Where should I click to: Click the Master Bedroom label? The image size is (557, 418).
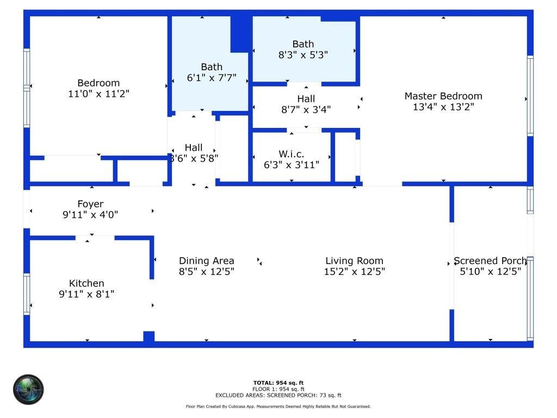[x=443, y=96]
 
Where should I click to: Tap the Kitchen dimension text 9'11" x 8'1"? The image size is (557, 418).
[x=87, y=294]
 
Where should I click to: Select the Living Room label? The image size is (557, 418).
[x=354, y=261]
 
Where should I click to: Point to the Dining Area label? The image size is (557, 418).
[x=207, y=261]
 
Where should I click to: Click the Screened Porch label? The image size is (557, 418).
[x=490, y=261]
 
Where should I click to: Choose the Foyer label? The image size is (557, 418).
[x=90, y=204]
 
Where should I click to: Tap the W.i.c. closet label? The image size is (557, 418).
[x=292, y=154]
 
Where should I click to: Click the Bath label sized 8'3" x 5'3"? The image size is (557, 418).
[x=303, y=44]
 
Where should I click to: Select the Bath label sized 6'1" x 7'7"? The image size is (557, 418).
[x=212, y=67]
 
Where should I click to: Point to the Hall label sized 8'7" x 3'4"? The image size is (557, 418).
[x=306, y=99]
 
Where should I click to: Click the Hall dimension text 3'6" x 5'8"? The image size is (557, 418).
[x=194, y=158]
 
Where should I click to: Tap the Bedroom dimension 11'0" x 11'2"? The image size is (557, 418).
[x=98, y=94]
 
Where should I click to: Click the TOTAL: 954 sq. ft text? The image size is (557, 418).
[x=278, y=383]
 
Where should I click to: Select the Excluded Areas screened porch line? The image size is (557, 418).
[x=278, y=396]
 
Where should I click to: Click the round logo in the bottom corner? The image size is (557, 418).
[x=28, y=390]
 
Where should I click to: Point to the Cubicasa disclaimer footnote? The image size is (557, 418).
[x=278, y=407]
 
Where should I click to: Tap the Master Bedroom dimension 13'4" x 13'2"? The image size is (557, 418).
[x=443, y=107]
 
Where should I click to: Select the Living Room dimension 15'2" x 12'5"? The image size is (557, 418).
[x=354, y=272]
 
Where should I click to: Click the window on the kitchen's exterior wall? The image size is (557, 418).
[x=26, y=294]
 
